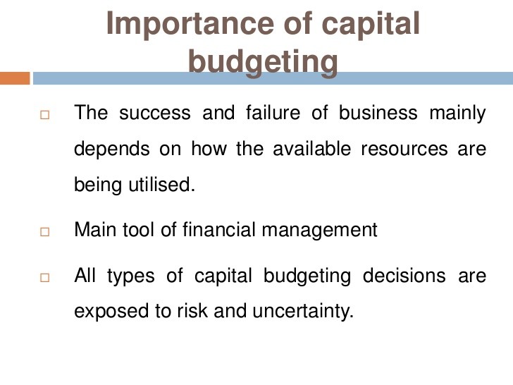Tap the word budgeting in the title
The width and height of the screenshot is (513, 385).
click(x=263, y=63)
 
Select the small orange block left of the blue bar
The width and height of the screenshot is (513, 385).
click(x=15, y=78)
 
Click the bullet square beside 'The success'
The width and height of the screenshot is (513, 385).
click(x=45, y=115)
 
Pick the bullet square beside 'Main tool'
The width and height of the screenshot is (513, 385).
click(x=45, y=232)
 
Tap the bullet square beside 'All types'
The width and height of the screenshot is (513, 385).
click(x=45, y=278)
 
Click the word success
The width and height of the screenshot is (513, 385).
click(x=155, y=114)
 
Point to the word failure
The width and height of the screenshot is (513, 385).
click(x=273, y=113)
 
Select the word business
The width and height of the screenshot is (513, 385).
click(x=378, y=113)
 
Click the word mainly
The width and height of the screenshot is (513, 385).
click(x=458, y=114)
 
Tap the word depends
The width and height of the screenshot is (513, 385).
click(x=112, y=150)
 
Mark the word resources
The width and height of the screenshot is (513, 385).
click(x=404, y=149)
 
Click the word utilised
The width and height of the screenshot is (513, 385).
click(x=161, y=184)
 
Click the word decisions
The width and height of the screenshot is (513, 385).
click(x=404, y=275)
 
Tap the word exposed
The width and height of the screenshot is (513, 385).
click(x=111, y=312)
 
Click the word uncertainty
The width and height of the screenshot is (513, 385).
click(x=303, y=312)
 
